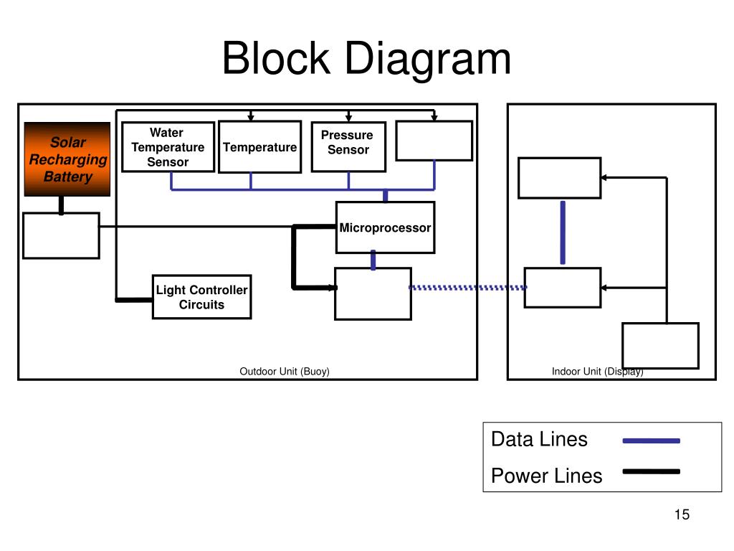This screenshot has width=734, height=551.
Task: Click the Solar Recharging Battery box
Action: (67, 159)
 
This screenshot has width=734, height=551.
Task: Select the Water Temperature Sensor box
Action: (168, 147)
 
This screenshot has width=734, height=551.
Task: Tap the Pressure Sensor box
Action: (348, 147)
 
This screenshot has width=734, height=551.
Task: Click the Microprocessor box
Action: (385, 227)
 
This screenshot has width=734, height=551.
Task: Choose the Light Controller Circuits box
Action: (201, 297)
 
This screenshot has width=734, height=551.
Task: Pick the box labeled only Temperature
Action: (259, 147)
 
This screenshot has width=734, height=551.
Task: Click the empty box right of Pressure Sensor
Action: (434, 141)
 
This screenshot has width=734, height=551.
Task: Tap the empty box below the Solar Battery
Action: (62, 235)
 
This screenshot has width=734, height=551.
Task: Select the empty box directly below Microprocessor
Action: (373, 293)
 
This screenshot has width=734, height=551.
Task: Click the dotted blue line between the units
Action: (467, 288)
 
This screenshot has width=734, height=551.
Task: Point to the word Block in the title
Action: (276, 59)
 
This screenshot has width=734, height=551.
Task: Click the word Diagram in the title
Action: (428, 61)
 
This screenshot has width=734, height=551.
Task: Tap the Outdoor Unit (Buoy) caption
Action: (285, 372)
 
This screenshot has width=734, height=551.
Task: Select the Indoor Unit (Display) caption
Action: (597, 372)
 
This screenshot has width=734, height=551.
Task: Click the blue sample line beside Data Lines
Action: (651, 441)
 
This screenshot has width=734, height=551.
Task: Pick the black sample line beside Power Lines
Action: (651, 472)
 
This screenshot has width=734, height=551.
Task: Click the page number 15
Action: (682, 514)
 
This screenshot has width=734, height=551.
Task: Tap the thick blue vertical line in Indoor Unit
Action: (563, 233)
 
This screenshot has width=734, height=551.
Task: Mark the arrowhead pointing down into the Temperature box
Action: (251, 117)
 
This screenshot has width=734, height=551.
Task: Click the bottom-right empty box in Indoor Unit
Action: (660, 346)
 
